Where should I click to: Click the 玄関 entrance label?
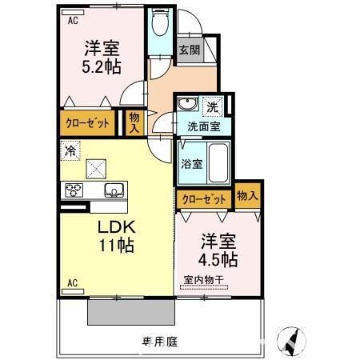pyautogui.click(x=190, y=50)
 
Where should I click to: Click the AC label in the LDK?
pyautogui.click(x=72, y=282)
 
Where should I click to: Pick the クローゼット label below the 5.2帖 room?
pyautogui.click(x=84, y=123)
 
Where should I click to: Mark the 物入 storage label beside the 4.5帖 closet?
pyautogui.click(x=247, y=195)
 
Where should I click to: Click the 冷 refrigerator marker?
pyautogui.click(x=71, y=149)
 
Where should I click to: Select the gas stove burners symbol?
pyautogui.click(x=74, y=190)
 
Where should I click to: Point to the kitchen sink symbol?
pyautogui.click(x=113, y=190)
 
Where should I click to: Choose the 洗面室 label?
pyautogui.click(x=203, y=126)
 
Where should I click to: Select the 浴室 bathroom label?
pyautogui.click(x=191, y=164)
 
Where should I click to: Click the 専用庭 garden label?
pyautogui.click(x=160, y=342)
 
